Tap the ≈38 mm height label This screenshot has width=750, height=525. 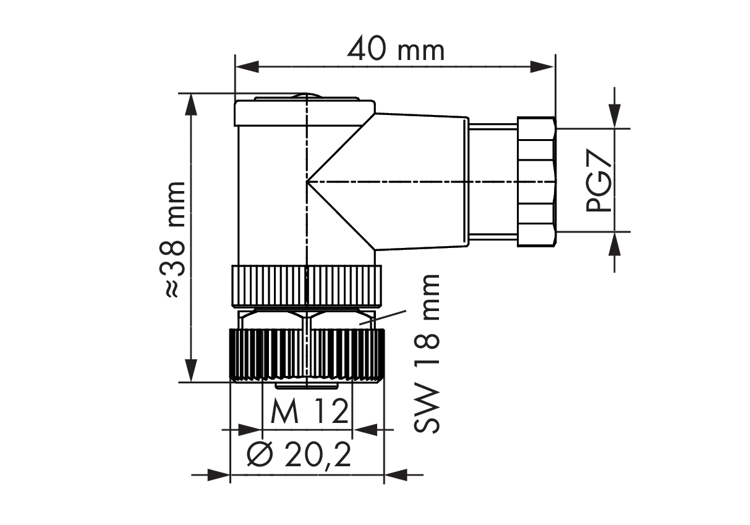point(173,240)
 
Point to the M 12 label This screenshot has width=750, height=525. point(309,411)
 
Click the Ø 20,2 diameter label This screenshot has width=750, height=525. point(299,455)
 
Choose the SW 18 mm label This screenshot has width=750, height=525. point(427,354)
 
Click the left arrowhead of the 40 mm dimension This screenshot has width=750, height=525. point(247,67)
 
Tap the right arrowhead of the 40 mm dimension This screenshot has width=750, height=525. point(542,67)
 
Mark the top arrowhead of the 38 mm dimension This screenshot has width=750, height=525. point(191,105)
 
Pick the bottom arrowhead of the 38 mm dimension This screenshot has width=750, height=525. point(191,370)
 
